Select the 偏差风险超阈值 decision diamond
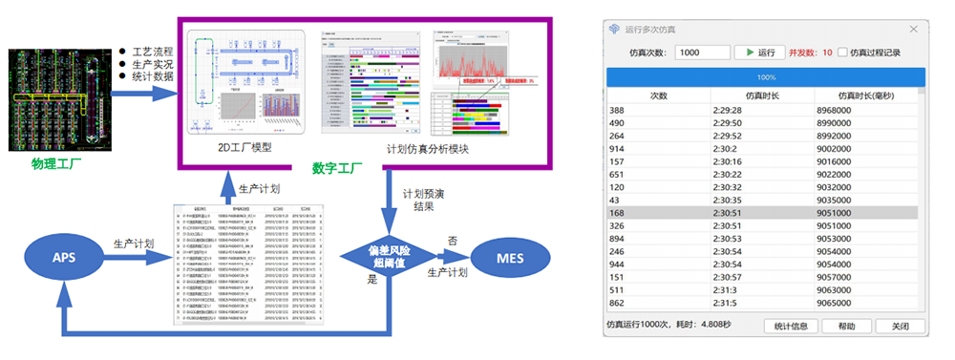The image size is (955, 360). click(x=388, y=257)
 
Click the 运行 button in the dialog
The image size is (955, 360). click(x=759, y=53)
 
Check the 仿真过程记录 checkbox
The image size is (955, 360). click(x=844, y=53)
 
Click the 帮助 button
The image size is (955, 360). click(x=845, y=326)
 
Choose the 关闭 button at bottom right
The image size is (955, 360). click(x=900, y=326)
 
